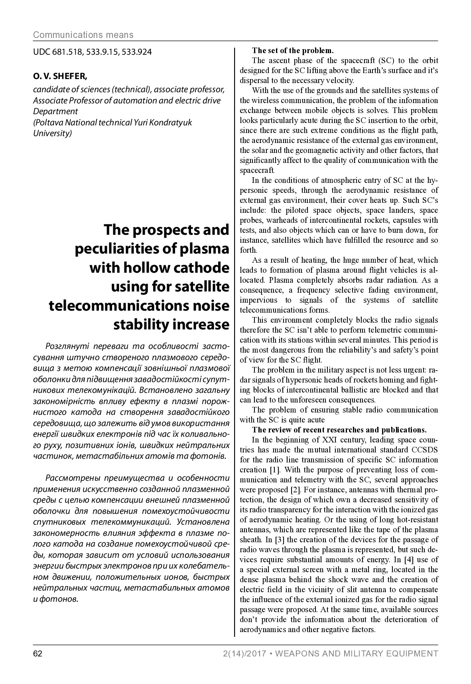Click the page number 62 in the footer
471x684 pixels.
pyautogui.click(x=37, y=654)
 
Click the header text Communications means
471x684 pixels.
pyautogui.click(x=83, y=35)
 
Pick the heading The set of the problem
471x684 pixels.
pyautogui.click(x=292, y=51)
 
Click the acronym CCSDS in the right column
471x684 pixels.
pyautogui.click(x=425, y=450)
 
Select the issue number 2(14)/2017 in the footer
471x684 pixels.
pyautogui.click(x=243, y=654)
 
